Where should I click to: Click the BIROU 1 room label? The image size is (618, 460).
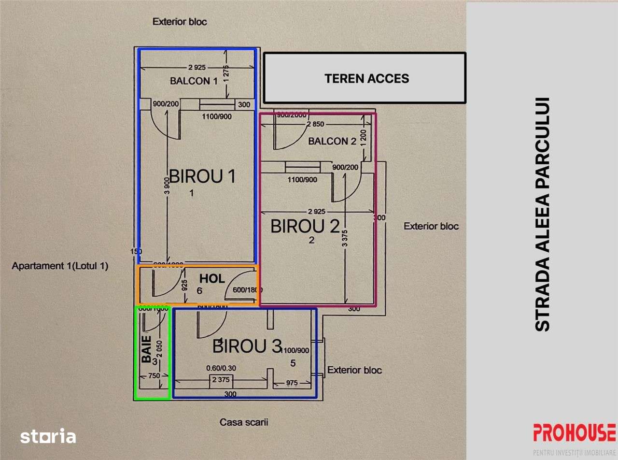pos(202,176)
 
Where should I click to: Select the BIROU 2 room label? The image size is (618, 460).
pos(305,226)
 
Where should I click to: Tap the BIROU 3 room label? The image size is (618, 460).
pos(247,346)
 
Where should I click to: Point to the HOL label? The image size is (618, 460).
pos(212,279)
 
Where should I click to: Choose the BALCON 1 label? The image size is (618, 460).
pos(194,81)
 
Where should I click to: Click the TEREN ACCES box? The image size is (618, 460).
pos(365,78)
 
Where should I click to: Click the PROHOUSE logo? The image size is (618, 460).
pos(574,432)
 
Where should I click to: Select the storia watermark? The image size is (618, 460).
pos(48,437)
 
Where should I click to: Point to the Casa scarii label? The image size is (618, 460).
pos(243,422)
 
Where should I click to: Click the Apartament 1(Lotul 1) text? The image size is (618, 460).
pos(60,266)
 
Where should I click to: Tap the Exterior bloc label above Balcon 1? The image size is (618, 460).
pos(180,22)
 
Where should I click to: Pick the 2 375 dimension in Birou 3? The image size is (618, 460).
pos(221,380)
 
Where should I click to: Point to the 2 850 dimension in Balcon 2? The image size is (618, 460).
pos(316,124)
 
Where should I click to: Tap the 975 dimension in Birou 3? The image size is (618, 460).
pos(292,382)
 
